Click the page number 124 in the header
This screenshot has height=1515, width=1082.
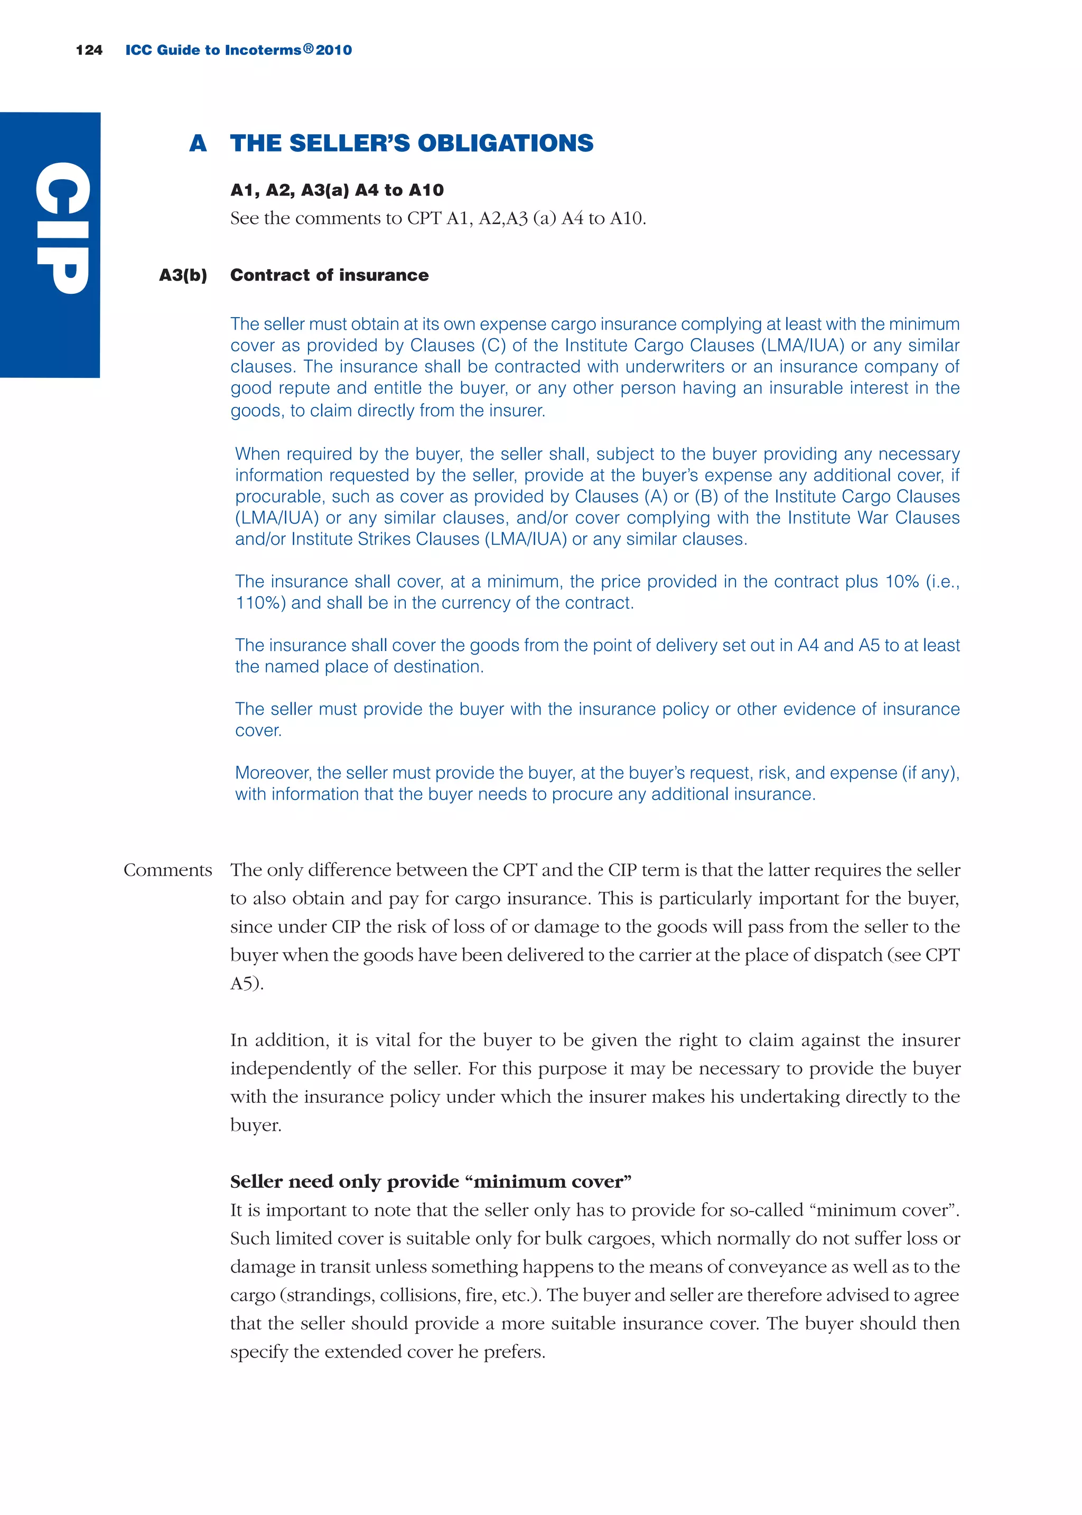89,50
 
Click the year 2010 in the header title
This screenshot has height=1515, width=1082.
334,50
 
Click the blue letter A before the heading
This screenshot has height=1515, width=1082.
198,143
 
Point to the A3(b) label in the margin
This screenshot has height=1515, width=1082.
183,275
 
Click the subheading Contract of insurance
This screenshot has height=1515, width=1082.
329,275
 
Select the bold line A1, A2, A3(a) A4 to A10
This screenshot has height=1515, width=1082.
337,191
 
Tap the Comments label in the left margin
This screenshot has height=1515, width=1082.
167,870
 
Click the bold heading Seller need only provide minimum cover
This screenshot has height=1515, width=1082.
431,1182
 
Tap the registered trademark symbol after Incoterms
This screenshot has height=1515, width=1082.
308,48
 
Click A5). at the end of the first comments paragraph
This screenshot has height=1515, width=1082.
247,983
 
